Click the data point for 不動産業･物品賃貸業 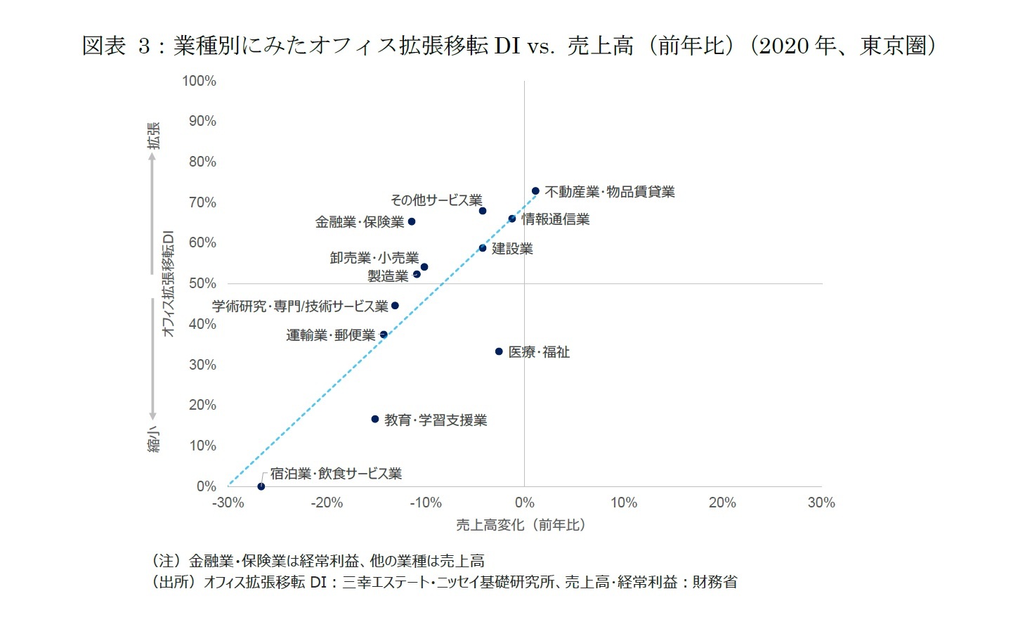535,191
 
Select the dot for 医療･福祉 499,351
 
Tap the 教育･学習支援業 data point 375,420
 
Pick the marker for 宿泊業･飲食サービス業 261,486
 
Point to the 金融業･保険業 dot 412,222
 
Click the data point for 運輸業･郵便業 384,335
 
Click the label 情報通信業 555,219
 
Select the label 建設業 512,249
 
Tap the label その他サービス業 436,200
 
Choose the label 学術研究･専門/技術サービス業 300,306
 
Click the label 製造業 388,276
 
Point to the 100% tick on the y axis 199,81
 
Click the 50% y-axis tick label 202,283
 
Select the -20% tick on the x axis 327,503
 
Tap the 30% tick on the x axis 821,503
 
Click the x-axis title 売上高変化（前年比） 521,525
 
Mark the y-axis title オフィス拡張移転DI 169,283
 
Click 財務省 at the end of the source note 715,582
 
